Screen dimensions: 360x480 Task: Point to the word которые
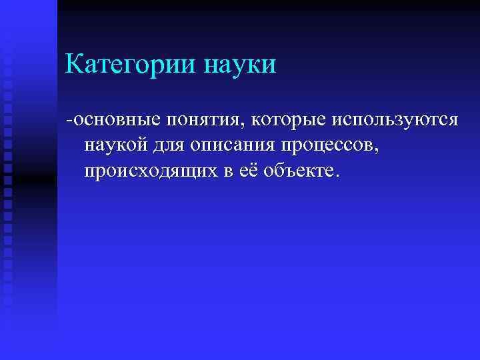(x=285, y=120)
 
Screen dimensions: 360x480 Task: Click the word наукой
(x=113, y=145)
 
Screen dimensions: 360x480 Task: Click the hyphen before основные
(x=69, y=121)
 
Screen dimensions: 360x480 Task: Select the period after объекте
(x=337, y=175)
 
